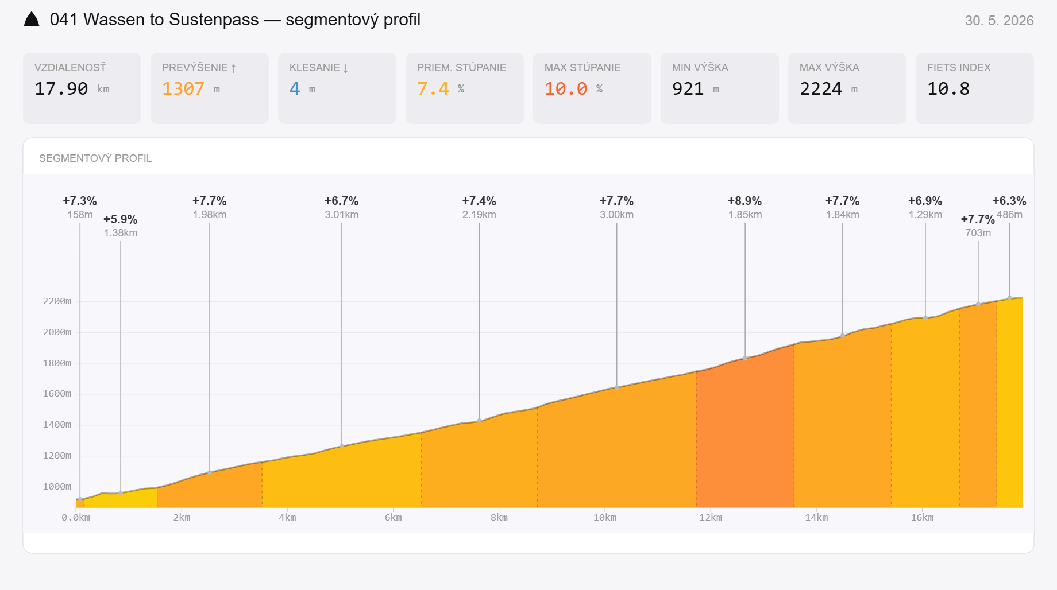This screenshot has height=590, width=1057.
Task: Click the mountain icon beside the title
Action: click(32, 20)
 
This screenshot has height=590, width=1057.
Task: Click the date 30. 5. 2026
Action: click(999, 21)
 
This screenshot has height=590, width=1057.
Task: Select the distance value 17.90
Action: click(61, 89)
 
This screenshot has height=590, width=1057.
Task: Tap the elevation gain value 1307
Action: click(183, 89)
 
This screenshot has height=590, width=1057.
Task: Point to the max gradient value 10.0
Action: click(566, 89)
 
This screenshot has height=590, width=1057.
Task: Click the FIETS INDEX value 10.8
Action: click(948, 89)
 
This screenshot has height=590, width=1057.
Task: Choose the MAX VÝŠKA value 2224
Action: click(821, 89)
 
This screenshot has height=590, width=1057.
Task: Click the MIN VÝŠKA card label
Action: click(700, 68)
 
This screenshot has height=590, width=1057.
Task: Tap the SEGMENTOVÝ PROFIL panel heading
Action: click(95, 158)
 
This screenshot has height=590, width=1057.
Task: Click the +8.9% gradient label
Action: click(745, 201)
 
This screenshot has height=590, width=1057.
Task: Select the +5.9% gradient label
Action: click(121, 219)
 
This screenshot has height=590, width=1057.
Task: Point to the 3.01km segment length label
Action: click(342, 215)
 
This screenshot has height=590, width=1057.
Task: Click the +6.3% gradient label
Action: click(1009, 201)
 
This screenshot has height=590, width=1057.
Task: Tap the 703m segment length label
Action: click(978, 233)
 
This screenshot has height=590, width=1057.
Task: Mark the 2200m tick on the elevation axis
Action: click(57, 301)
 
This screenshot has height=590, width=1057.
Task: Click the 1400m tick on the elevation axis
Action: click(57, 425)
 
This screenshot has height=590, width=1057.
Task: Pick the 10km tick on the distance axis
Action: click(605, 518)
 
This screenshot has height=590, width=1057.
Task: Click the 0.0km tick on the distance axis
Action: click(76, 518)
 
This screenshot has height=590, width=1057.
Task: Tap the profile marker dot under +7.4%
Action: click(480, 421)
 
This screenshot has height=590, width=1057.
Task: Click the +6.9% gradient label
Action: click(925, 201)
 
